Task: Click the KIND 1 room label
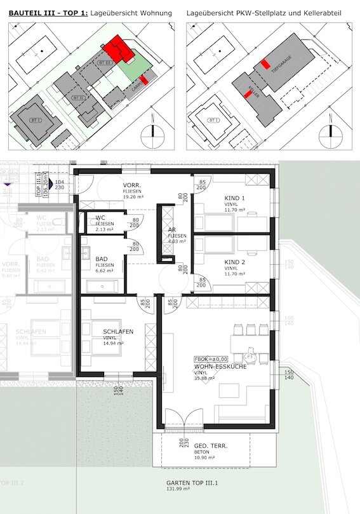[x=234, y=199]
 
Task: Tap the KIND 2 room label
[x=234, y=262]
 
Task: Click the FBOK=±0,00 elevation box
[x=210, y=359]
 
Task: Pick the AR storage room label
[x=171, y=229]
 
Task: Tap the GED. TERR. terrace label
[x=211, y=446]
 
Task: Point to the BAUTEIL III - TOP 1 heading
[x=47, y=13]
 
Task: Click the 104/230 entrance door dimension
[x=60, y=184]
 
